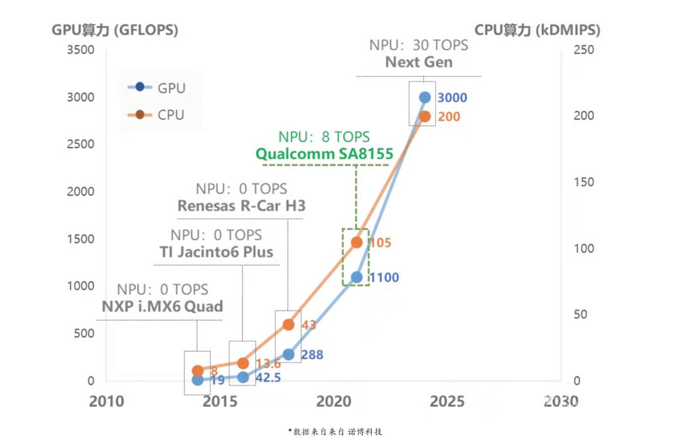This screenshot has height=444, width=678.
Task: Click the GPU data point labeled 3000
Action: point(425,97)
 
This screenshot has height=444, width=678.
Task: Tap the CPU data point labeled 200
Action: point(425,116)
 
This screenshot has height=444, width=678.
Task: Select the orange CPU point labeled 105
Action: point(357,242)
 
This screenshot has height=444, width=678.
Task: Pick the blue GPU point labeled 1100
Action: point(357,277)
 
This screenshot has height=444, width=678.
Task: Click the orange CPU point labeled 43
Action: point(288,325)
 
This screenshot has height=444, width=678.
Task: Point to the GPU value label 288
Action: point(312,355)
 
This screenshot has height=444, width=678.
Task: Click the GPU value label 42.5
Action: point(267,379)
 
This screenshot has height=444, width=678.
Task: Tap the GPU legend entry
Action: point(157,88)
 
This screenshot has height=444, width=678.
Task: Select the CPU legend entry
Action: point(157,114)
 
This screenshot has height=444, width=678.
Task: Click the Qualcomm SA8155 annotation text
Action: point(324,154)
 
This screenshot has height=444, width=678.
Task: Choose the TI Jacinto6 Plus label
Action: point(217,252)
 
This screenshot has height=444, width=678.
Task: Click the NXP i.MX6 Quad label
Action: point(163,307)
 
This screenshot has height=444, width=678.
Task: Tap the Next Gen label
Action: point(419,62)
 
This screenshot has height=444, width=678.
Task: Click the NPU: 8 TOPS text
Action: point(324,136)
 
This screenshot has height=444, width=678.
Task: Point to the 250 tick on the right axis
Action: point(584,50)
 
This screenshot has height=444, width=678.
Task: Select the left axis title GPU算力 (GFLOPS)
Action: point(115,30)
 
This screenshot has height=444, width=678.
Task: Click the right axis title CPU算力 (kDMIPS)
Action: point(537,30)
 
